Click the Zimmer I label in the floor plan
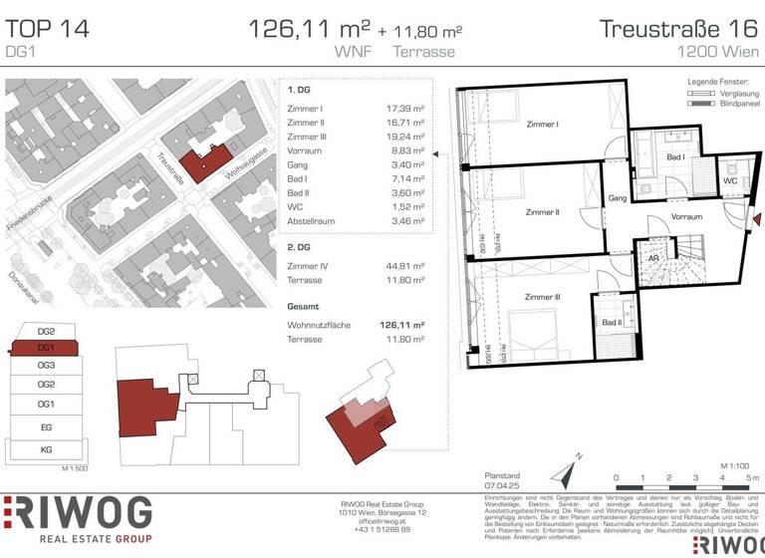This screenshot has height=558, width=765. pyautogui.click(x=542, y=125)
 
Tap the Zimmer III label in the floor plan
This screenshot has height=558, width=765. pyautogui.click(x=544, y=297)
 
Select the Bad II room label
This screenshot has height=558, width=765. pyautogui.click(x=612, y=322)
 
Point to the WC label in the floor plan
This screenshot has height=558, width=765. pyautogui.click(x=730, y=182)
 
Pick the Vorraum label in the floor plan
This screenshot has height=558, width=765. pyautogui.click(x=686, y=216)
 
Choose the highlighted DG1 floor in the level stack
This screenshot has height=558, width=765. pyautogui.click(x=45, y=348)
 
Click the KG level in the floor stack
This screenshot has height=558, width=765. pyautogui.click(x=45, y=450)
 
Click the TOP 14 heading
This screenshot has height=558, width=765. pyautogui.click(x=47, y=29)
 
